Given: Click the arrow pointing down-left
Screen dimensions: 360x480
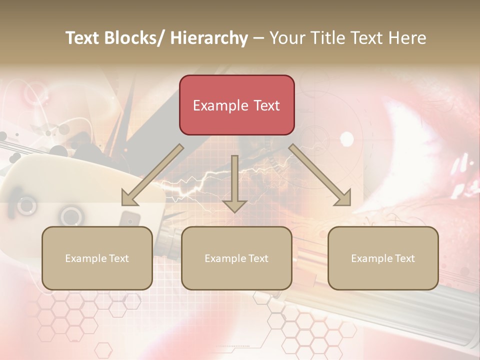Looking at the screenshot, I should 152,175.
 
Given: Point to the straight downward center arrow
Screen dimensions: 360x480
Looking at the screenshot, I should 234,180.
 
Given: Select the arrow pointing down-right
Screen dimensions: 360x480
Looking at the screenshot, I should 320,175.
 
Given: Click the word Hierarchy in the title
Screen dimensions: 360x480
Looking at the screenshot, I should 209,38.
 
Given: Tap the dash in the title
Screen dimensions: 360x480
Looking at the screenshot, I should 258,38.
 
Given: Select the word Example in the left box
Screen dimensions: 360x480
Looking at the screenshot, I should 86,258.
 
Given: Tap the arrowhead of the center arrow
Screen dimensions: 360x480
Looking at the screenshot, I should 234,205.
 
